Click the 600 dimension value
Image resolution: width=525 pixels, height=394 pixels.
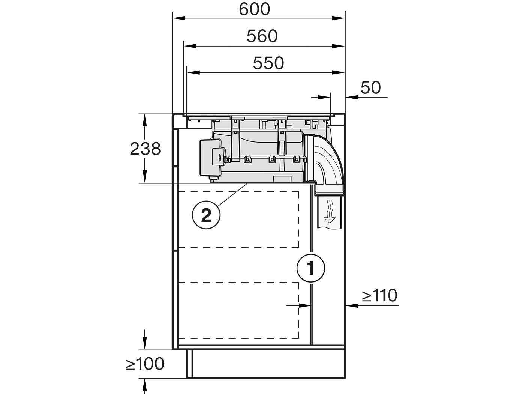click(255, 9)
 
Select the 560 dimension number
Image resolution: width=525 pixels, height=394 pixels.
click(262, 36)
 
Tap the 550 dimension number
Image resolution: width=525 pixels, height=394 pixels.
click(268, 63)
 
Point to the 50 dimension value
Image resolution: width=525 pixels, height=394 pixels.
click(370, 87)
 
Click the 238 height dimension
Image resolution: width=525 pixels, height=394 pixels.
click(145, 149)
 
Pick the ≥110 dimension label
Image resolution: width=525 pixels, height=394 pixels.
click(379, 295)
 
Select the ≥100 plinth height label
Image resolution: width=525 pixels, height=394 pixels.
click(145, 364)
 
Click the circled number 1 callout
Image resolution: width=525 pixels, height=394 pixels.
click(311, 268)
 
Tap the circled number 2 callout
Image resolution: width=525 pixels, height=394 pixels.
click(206, 215)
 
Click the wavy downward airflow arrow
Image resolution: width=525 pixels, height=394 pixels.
click(330, 212)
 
